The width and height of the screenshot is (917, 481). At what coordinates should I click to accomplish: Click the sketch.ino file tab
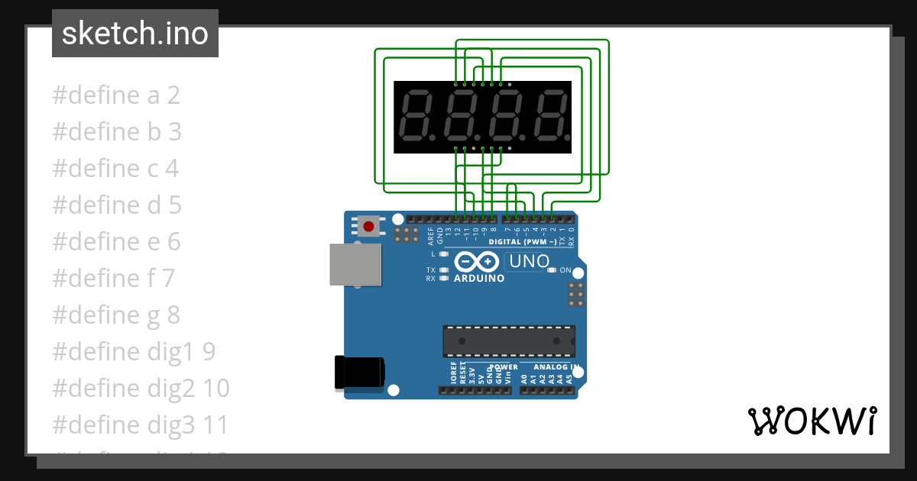point(135,34)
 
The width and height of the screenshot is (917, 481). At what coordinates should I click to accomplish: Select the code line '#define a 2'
point(116,95)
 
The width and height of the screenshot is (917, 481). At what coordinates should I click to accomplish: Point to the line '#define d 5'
point(117,205)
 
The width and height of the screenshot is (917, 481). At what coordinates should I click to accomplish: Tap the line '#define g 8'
point(116,315)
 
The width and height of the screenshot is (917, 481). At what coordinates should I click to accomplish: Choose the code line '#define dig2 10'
point(141,388)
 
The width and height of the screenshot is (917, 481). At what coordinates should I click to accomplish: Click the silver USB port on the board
point(355,264)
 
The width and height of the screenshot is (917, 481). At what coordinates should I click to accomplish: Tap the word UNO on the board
point(530,261)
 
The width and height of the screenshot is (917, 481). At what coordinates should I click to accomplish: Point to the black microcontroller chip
point(509,341)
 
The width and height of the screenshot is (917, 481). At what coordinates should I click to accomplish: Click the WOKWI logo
point(812,421)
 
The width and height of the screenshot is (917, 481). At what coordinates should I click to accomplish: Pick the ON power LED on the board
point(552,270)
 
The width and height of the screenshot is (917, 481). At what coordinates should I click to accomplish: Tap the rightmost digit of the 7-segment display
point(552,117)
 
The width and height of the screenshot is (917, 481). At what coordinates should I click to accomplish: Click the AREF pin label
point(431,234)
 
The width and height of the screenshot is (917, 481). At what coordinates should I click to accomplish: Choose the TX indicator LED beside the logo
point(444,270)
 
